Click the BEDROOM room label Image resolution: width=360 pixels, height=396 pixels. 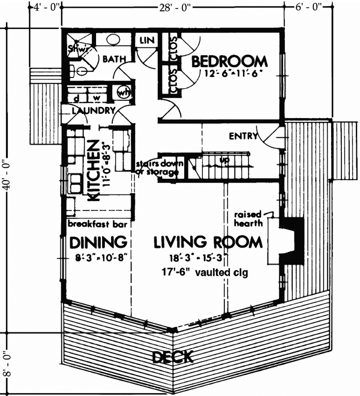pos(229,61)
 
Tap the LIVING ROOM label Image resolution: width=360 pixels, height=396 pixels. pos(208,242)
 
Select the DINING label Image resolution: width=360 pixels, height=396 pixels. pos(97,242)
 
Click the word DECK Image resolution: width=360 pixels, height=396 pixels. pos(172,358)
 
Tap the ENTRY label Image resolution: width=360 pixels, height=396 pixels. pos(243,136)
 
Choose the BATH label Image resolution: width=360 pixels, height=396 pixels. pos(113,59)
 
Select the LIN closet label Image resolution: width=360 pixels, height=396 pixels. pos(147,40)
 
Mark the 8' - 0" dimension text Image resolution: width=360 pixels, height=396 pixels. pos(7,362)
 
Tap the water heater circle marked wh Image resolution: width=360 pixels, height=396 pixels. pos(124,93)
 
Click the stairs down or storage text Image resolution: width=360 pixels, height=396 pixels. pos(157,168)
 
